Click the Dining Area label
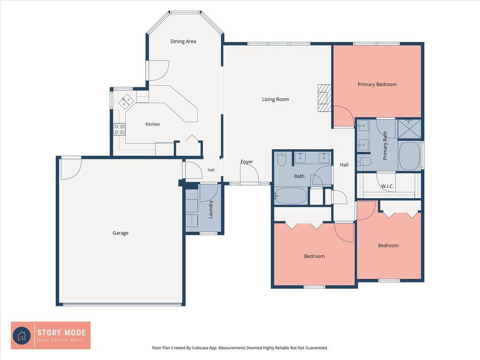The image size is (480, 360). [183, 41]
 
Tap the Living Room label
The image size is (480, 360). [276, 99]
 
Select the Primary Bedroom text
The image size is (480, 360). [377, 84]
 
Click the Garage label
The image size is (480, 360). [120, 233]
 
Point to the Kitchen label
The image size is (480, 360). [152, 124]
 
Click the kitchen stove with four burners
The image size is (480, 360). [119, 129]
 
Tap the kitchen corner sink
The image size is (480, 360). [127, 101]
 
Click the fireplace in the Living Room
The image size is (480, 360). [324, 98]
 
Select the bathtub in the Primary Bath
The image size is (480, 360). [410, 156]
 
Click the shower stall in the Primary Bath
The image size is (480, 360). [409, 129]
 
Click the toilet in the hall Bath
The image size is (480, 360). [282, 159]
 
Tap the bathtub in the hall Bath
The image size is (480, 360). [291, 195]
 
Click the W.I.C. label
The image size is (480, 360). [387, 186]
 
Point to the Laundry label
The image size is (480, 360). [210, 210]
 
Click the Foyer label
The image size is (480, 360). [247, 162]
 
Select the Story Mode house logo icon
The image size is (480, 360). [22, 336]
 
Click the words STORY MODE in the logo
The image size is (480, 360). [61, 332]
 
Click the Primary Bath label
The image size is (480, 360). [385, 145]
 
